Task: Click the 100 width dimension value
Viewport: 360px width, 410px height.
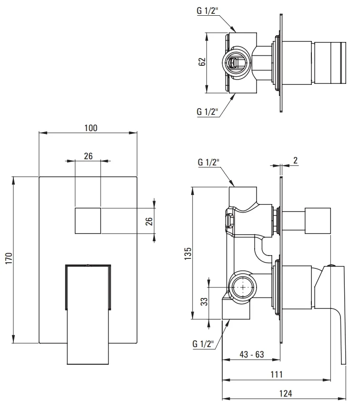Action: (x=91, y=128)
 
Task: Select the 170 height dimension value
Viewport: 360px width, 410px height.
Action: (x=9, y=258)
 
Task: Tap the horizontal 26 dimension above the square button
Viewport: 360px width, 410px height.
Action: (x=88, y=156)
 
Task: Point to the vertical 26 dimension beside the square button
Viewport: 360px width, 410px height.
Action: (x=149, y=221)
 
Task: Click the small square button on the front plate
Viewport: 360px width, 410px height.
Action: (x=88, y=221)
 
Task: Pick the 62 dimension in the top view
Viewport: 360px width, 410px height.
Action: (x=202, y=62)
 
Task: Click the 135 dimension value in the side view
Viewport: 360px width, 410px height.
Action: (x=188, y=253)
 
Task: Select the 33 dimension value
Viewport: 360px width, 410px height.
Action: (x=204, y=301)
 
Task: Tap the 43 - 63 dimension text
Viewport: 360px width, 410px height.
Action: (x=252, y=354)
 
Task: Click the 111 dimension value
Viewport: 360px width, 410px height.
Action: (x=277, y=374)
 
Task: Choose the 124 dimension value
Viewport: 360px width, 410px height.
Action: (x=286, y=393)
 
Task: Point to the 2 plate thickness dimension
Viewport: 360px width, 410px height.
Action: (x=295, y=160)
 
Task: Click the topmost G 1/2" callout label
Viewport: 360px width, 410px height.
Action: (x=207, y=10)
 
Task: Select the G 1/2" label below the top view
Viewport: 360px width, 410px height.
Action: (x=207, y=112)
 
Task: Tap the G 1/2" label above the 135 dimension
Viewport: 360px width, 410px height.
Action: (x=208, y=162)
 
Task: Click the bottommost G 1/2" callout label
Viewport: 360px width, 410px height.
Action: (x=203, y=344)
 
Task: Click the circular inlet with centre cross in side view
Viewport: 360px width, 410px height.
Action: (x=243, y=287)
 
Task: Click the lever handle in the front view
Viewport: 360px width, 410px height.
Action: (x=88, y=314)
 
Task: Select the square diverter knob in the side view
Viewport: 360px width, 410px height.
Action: (x=318, y=221)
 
